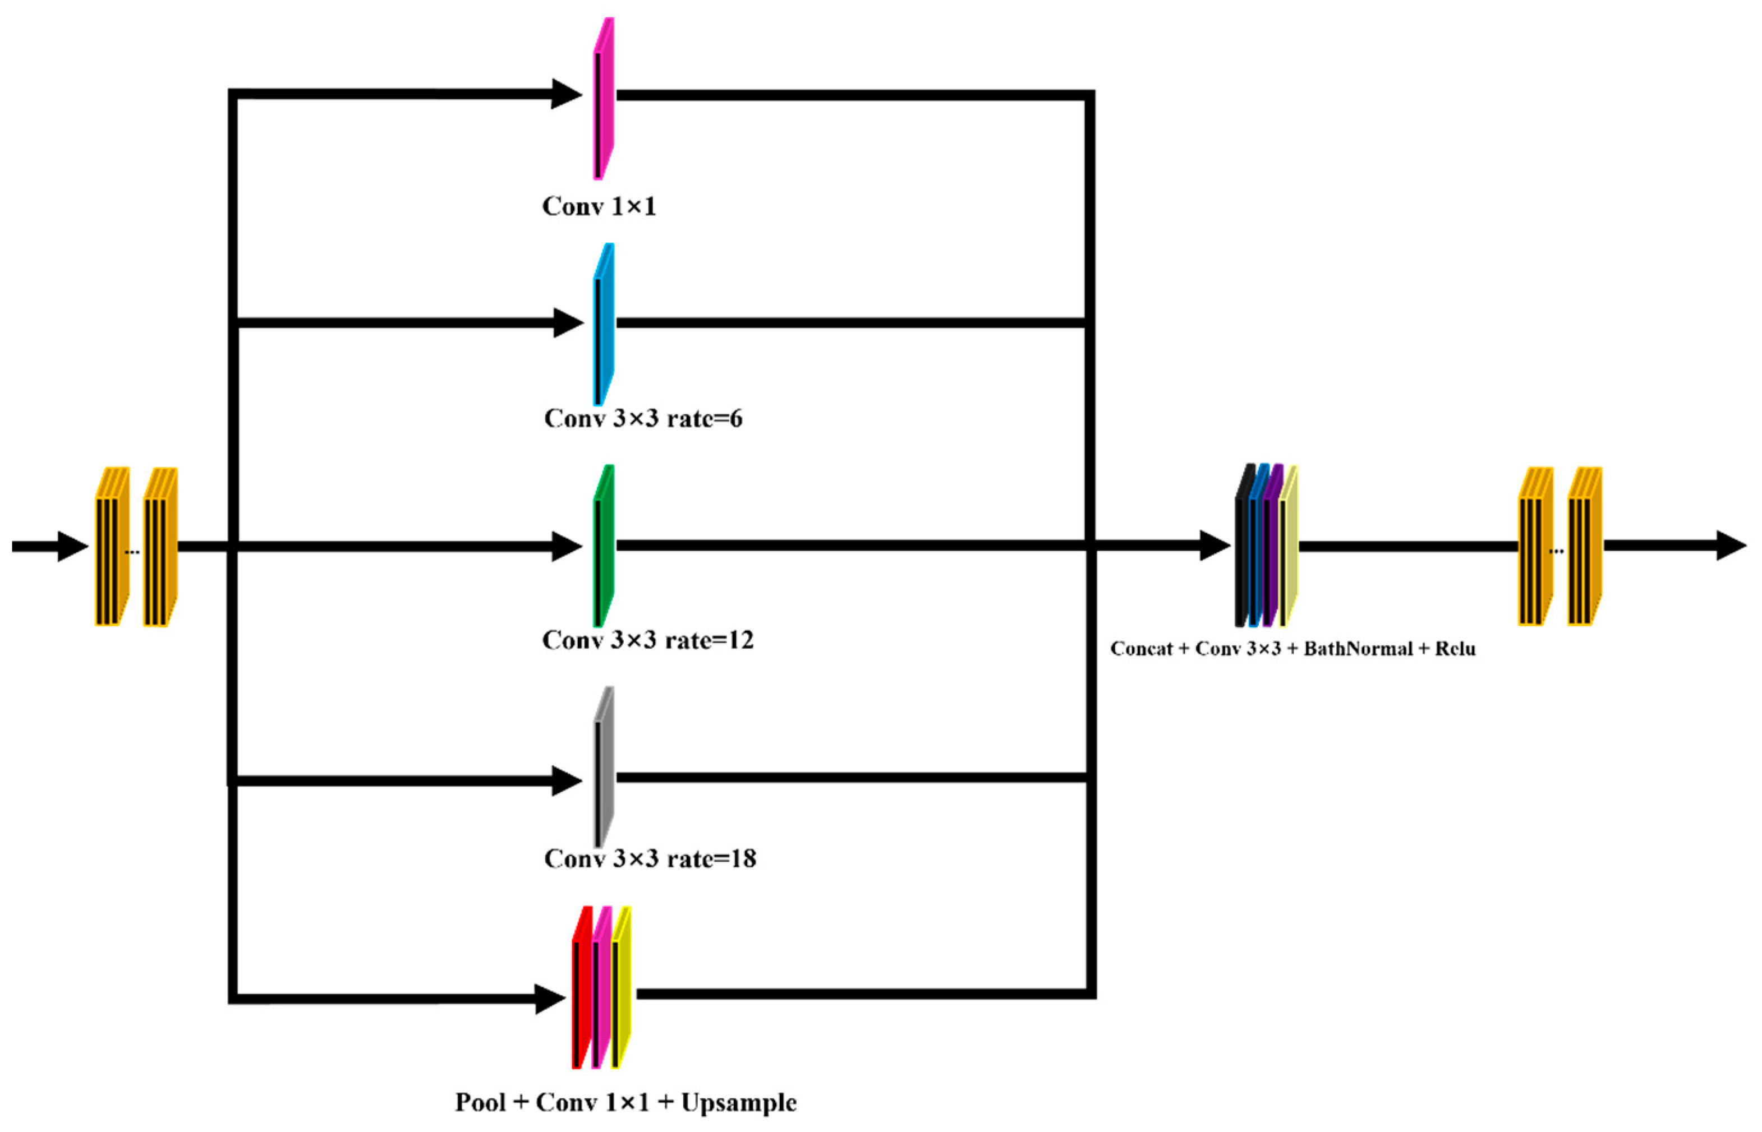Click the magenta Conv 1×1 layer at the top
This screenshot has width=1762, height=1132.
[604, 99]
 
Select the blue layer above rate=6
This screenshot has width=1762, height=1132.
[604, 325]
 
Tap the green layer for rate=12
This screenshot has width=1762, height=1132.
[604, 547]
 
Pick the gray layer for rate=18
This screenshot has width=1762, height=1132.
[604, 768]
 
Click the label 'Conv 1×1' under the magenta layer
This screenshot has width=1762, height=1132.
[599, 206]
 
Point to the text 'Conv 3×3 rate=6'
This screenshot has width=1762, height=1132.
[643, 419]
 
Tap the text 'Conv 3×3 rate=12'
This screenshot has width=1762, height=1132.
[648, 640]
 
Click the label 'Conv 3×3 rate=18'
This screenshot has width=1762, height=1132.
[650, 858]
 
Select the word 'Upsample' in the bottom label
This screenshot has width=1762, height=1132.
[738, 1103]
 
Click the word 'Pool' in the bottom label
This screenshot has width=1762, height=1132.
[480, 1103]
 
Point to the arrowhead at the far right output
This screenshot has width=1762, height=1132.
[1732, 546]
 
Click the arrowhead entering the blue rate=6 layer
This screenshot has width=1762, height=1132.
[568, 324]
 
